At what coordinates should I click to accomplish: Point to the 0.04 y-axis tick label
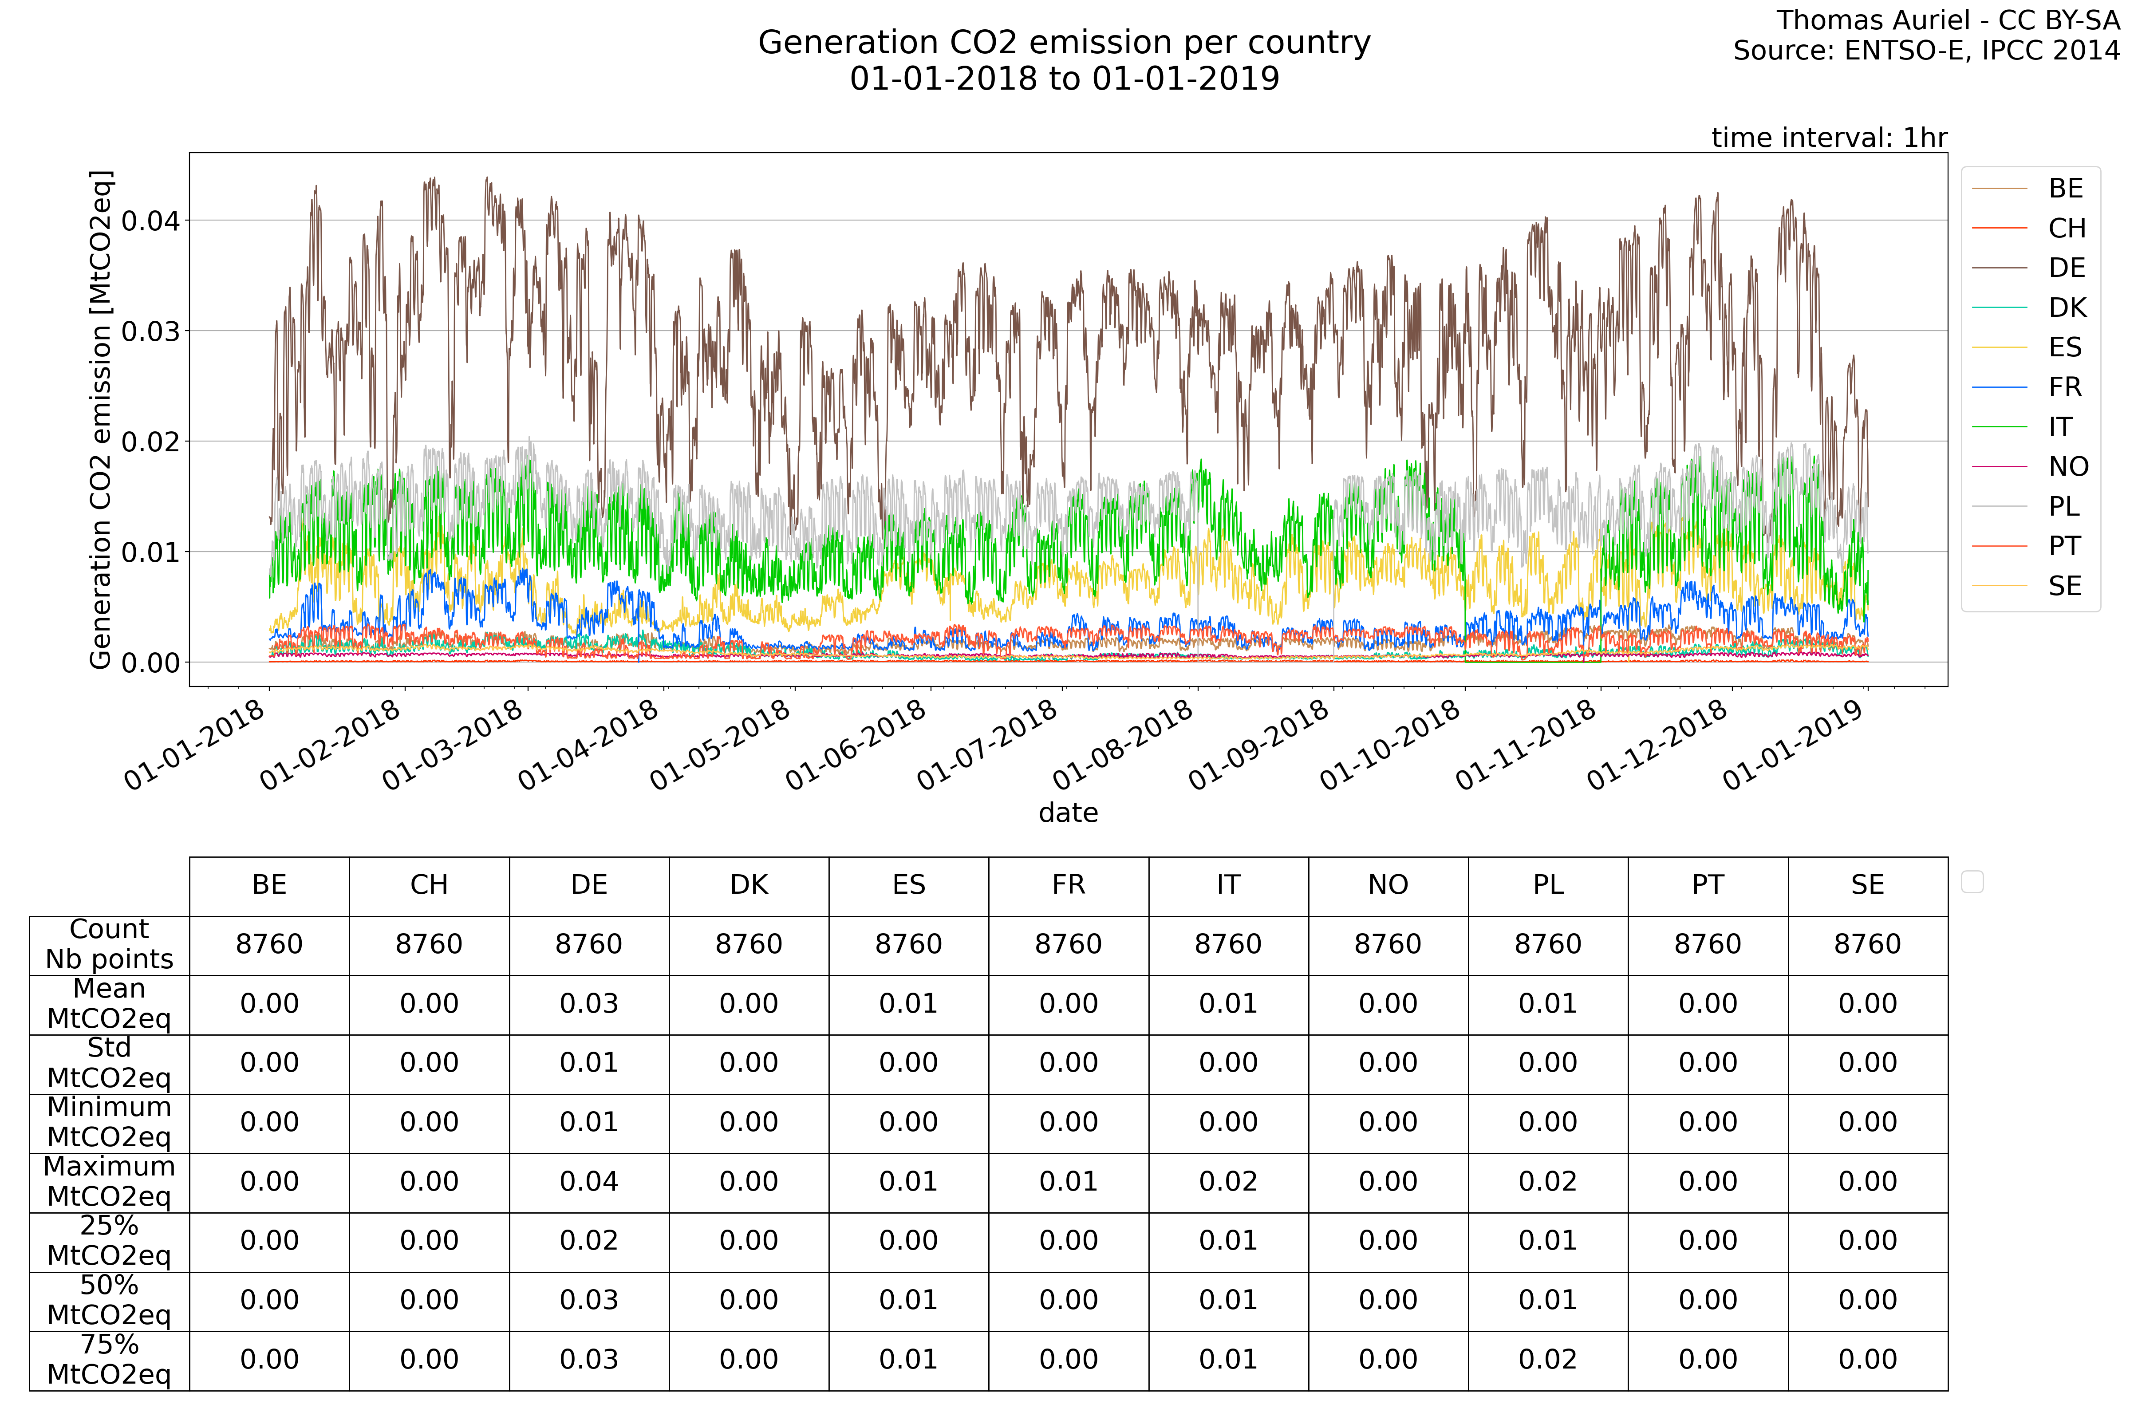click(x=150, y=221)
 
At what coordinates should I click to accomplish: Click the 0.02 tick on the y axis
click(x=150, y=442)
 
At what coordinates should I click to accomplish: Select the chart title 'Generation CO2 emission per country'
click(x=1064, y=43)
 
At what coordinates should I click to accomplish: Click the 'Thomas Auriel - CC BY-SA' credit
click(x=1947, y=20)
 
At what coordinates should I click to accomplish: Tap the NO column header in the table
click(x=1388, y=885)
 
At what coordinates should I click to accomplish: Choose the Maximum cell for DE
click(x=589, y=1182)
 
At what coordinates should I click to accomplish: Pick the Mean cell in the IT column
click(x=1228, y=1003)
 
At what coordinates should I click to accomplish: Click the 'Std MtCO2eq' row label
click(x=109, y=1063)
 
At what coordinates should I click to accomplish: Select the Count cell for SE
click(x=1867, y=945)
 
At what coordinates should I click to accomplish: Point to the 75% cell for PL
click(x=1548, y=1359)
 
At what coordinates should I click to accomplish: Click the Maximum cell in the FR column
click(x=1069, y=1182)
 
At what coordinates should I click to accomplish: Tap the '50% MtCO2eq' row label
click(x=109, y=1301)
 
